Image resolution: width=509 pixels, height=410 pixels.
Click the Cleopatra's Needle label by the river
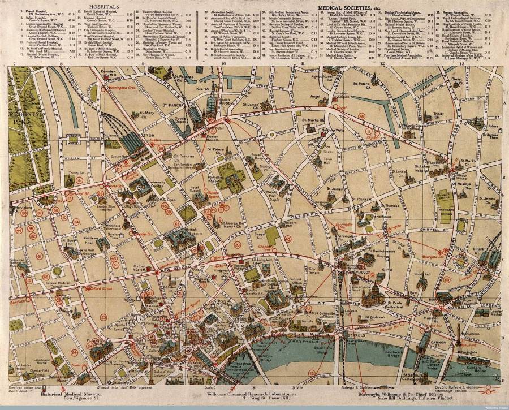(x=253, y=362)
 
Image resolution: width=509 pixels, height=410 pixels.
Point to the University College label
(x=162, y=182)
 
